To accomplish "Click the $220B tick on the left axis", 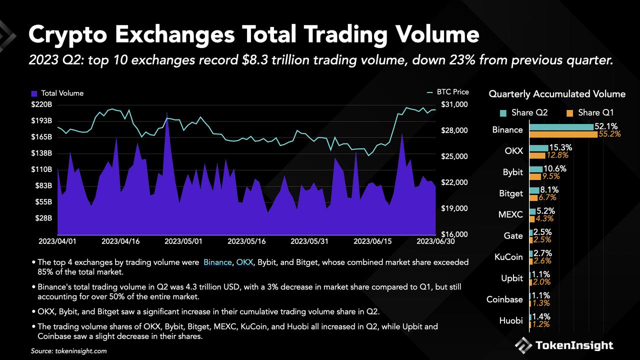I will click(x=41, y=104).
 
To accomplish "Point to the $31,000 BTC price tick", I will click(x=454, y=104).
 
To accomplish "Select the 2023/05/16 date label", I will click(x=246, y=241).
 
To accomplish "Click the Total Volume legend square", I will click(x=34, y=93).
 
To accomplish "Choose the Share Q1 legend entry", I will click(x=590, y=112).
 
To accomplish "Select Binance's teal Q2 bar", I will click(x=561, y=126).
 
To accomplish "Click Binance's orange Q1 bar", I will click(x=563, y=134).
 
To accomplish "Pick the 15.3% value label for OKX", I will click(x=560, y=147).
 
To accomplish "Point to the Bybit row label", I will click(x=512, y=172).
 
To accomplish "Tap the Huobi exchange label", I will click(x=511, y=320).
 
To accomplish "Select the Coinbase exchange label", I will click(x=504, y=299).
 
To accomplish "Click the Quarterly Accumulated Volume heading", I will click(x=556, y=94).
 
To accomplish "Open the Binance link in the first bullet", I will click(x=217, y=262).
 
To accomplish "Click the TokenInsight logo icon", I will click(x=523, y=345).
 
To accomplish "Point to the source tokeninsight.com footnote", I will click(x=68, y=351).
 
